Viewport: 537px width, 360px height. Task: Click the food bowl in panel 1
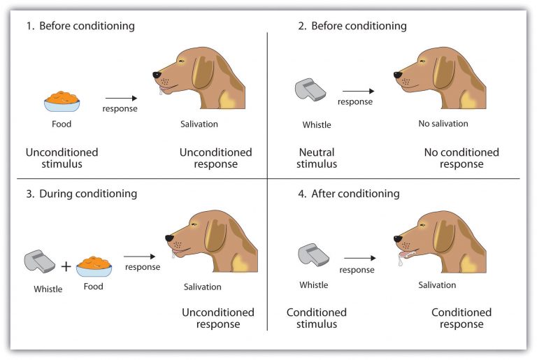pyautogui.click(x=62, y=102)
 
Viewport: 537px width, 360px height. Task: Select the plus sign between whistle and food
pyautogui.click(x=66, y=266)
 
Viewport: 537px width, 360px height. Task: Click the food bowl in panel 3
pyautogui.click(x=94, y=266)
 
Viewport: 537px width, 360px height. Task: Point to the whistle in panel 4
pyautogui.click(x=313, y=255)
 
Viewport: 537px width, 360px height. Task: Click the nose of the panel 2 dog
pyautogui.click(x=397, y=73)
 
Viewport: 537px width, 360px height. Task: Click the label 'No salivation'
pyautogui.click(x=443, y=124)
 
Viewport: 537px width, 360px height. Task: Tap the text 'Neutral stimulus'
pyautogui.click(x=317, y=158)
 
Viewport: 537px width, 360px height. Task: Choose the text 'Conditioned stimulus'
pyautogui.click(x=317, y=318)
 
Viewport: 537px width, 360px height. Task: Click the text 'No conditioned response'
pyautogui.click(x=461, y=158)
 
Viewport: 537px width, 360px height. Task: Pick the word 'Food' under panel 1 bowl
pyautogui.click(x=62, y=124)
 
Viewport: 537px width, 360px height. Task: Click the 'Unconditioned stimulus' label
pyautogui.click(x=62, y=158)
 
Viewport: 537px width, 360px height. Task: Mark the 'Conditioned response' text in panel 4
pyautogui.click(x=461, y=318)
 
